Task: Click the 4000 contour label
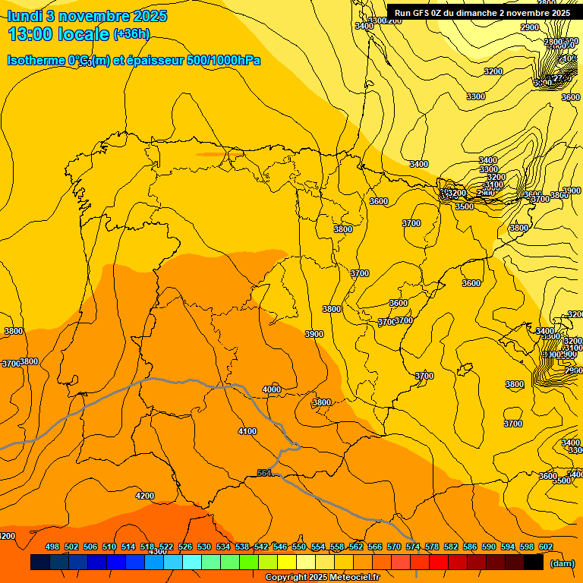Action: pyautogui.click(x=272, y=389)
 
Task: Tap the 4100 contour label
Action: pyautogui.click(x=247, y=431)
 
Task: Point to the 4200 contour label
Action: pyautogui.click(x=145, y=496)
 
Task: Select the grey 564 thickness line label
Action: pyautogui.click(x=265, y=473)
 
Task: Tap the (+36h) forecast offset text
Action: pyautogui.click(x=131, y=34)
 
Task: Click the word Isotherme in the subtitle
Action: pyautogui.click(x=36, y=60)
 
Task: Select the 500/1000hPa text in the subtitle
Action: pyautogui.click(x=224, y=60)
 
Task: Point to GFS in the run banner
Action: pyautogui.click(x=420, y=13)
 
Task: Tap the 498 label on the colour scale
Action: pyautogui.click(x=52, y=547)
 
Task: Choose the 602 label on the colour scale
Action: pyautogui.click(x=546, y=547)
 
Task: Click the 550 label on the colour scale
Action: pyautogui.click(x=299, y=547)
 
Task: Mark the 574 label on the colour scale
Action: pyautogui.click(x=413, y=547)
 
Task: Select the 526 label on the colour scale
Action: pyautogui.click(x=185, y=547)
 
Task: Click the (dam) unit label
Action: pyautogui.click(x=561, y=563)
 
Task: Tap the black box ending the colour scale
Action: pyautogui.click(x=534, y=563)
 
